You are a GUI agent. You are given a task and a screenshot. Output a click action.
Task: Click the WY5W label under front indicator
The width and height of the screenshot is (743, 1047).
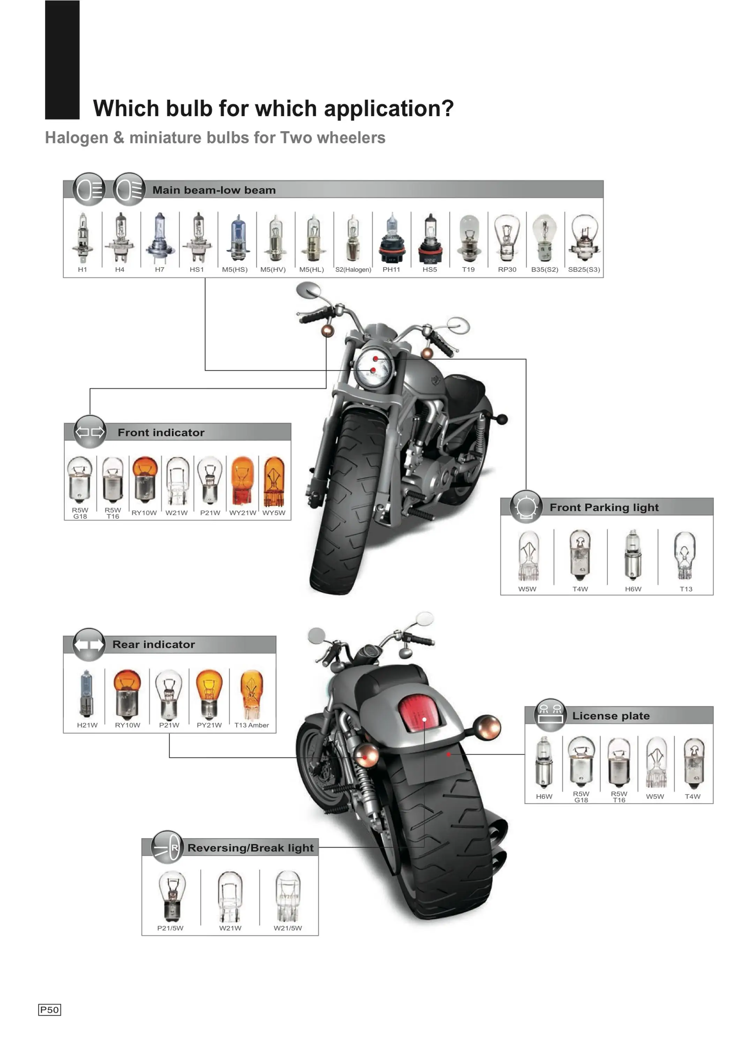click(x=273, y=513)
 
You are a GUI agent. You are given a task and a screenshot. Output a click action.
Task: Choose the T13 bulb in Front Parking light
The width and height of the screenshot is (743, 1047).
click(x=685, y=555)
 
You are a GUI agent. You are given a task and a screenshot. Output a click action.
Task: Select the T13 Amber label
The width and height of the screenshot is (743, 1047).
click(x=252, y=725)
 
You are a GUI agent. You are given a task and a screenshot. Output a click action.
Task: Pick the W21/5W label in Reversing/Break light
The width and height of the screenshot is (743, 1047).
click(x=288, y=928)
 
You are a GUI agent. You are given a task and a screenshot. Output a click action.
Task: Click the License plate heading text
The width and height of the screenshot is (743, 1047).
click(x=611, y=716)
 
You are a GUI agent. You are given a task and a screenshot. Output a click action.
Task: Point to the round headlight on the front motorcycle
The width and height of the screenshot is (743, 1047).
click(x=374, y=366)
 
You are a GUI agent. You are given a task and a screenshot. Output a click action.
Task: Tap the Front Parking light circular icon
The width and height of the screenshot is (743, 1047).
click(x=526, y=506)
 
